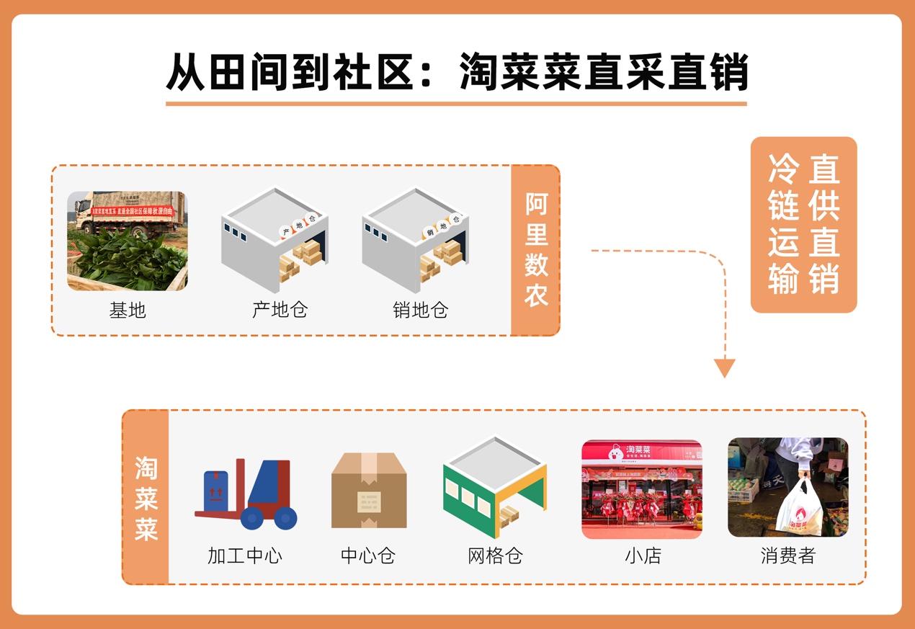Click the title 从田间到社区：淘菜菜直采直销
457,72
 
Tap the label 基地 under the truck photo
128,310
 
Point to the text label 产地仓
280,310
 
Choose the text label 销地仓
420,310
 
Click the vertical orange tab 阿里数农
535,250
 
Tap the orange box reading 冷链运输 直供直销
803,224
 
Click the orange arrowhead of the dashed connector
724,368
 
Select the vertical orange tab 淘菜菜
146,497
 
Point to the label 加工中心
245,556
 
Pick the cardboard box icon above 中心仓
369,490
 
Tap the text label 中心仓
368,556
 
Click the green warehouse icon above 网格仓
494,487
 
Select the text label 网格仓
494,556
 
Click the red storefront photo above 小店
641,489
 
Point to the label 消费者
787,556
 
